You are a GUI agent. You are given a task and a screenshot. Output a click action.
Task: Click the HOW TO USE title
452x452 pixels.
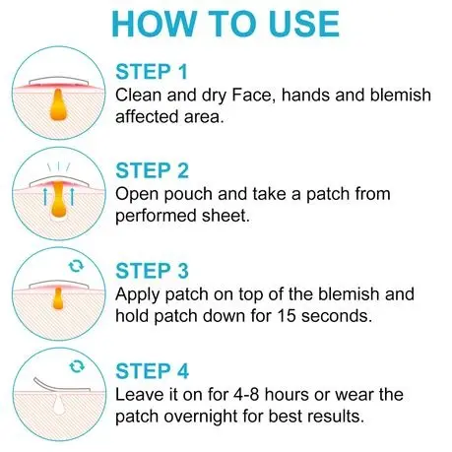[226, 24]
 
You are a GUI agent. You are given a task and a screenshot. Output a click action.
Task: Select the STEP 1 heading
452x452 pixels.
[152, 72]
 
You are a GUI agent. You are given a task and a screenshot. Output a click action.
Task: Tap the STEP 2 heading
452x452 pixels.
[152, 170]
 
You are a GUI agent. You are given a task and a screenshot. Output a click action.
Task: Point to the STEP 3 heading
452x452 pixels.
[152, 271]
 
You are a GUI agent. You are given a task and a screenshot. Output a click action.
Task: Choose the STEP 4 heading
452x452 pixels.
[152, 371]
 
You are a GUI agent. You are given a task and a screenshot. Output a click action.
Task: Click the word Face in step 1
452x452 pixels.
[252, 96]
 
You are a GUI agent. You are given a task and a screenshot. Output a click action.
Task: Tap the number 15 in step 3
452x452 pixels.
[287, 316]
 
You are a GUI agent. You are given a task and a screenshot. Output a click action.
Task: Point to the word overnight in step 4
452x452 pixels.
[201, 417]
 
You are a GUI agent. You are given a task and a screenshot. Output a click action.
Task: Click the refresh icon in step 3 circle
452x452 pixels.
[76, 266]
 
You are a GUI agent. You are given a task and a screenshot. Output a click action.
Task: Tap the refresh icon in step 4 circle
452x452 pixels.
[77, 366]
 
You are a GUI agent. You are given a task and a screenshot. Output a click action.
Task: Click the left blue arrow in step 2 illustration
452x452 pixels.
[46, 196]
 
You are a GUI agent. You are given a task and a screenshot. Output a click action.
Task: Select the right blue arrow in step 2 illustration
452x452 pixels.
[72, 196]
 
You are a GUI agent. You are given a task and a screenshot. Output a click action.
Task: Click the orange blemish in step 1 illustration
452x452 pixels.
[58, 104]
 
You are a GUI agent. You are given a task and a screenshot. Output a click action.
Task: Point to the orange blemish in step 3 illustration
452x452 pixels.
[58, 298]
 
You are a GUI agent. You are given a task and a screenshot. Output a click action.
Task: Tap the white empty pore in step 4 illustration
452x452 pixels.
[59, 404]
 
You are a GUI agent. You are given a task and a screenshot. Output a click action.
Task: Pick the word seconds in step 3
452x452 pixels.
[337, 316]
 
